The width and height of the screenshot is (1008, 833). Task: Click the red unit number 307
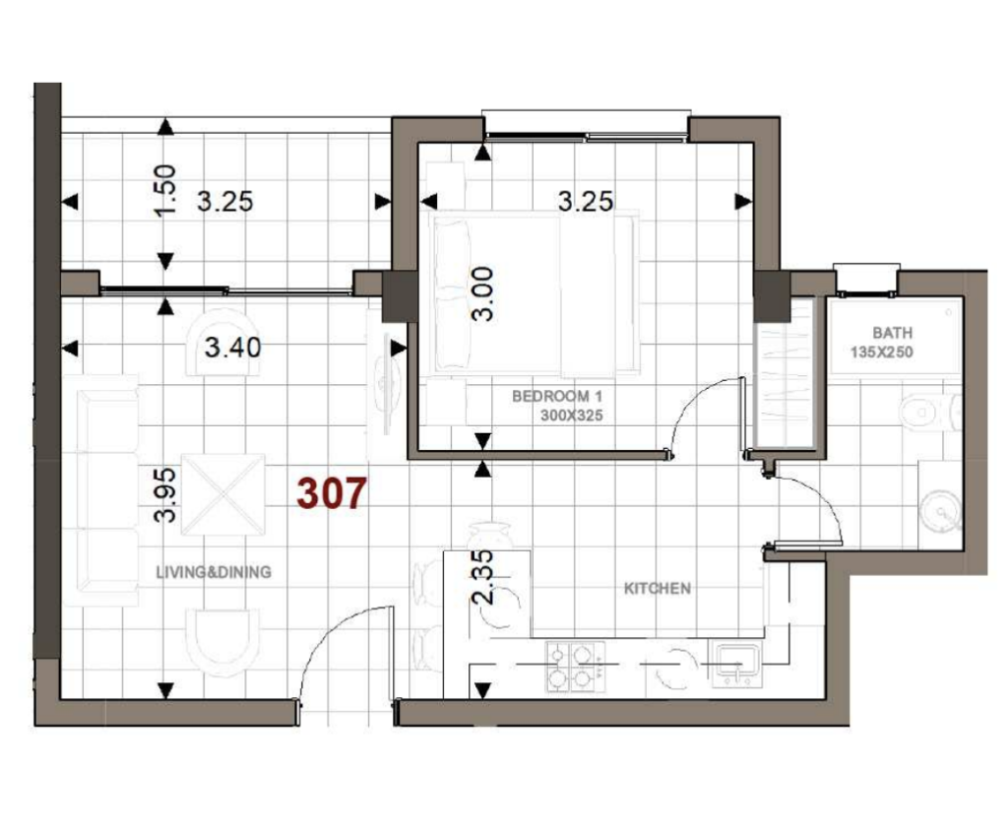point(332,493)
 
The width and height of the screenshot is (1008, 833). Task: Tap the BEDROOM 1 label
point(557,396)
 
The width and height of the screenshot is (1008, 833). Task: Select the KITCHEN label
point(657,588)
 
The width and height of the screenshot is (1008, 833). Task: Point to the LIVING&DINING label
point(214,572)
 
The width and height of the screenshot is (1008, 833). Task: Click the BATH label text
point(892,333)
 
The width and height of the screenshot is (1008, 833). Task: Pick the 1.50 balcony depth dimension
point(164,190)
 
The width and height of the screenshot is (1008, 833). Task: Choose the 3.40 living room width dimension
point(232,348)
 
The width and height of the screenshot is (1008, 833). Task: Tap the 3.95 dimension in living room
point(164,495)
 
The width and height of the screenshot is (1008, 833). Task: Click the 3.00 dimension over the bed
point(482,294)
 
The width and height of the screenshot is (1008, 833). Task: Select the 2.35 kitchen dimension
point(482,576)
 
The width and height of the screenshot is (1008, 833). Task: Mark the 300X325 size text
point(572,416)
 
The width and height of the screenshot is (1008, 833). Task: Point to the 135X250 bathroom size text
point(881,352)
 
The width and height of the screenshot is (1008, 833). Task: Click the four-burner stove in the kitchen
point(575,667)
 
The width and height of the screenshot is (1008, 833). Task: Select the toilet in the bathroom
point(929,413)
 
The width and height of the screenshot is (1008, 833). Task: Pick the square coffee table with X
point(223,494)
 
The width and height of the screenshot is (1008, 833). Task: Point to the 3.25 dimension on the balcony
point(225,201)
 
